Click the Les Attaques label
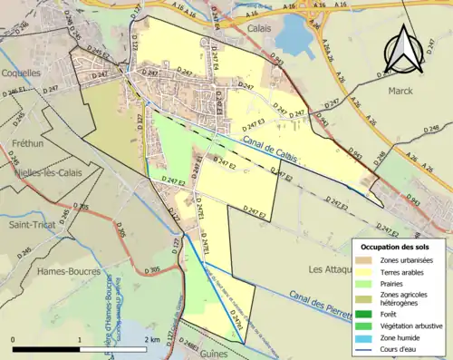331,268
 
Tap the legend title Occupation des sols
395,247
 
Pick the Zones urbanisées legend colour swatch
366,261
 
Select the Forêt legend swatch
366,306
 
